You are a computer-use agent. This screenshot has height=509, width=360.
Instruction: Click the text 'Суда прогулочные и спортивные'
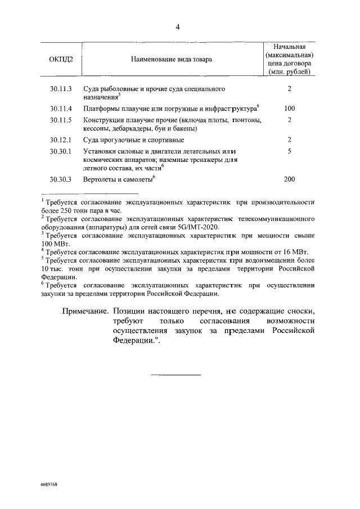pos(133,139)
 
